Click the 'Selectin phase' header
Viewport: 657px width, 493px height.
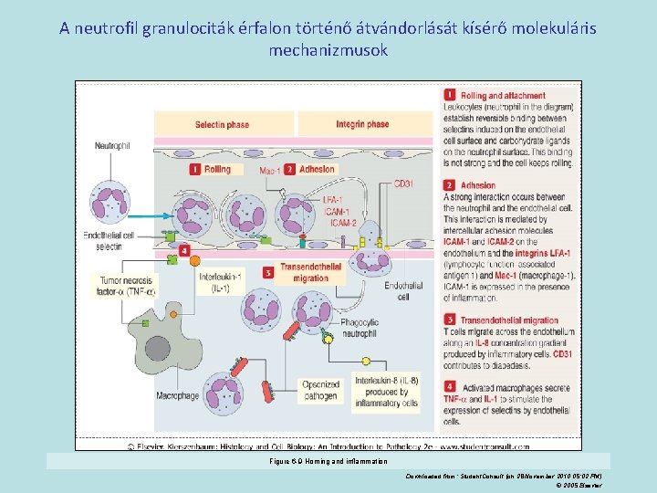point(222,124)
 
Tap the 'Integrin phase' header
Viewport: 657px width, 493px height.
point(362,124)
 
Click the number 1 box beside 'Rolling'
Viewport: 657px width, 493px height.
point(194,169)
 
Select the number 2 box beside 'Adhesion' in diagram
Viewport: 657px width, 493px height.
point(289,169)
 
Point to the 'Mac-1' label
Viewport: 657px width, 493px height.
point(269,171)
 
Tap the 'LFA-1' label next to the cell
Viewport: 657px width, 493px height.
point(333,199)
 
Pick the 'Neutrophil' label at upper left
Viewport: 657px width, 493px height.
point(112,145)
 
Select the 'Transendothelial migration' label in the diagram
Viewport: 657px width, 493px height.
point(310,273)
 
